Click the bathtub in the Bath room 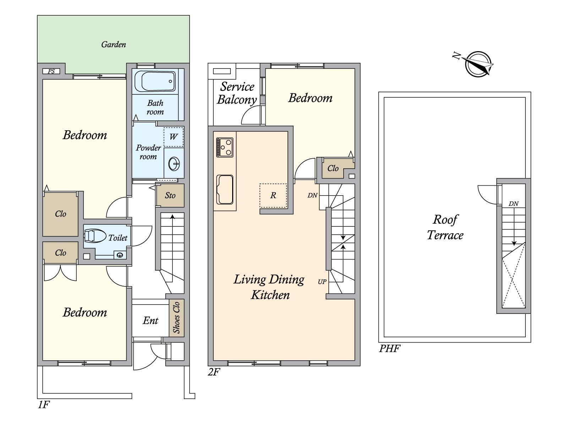[x=155, y=81]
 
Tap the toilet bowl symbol [x=95, y=236]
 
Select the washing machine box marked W [x=173, y=137]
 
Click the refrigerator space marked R [x=273, y=196]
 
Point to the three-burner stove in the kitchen [x=225, y=147]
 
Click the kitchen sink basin [x=225, y=190]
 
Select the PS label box [x=51, y=71]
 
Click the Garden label [x=114, y=44]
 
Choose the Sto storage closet [x=170, y=195]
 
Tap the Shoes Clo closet [x=176, y=318]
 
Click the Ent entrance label [x=151, y=321]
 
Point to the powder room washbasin [x=174, y=163]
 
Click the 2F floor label [x=214, y=372]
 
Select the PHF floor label [x=389, y=349]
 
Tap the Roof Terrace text [x=445, y=227]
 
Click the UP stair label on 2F [x=322, y=282]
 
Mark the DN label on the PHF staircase [x=513, y=204]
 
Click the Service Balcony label [x=237, y=93]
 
